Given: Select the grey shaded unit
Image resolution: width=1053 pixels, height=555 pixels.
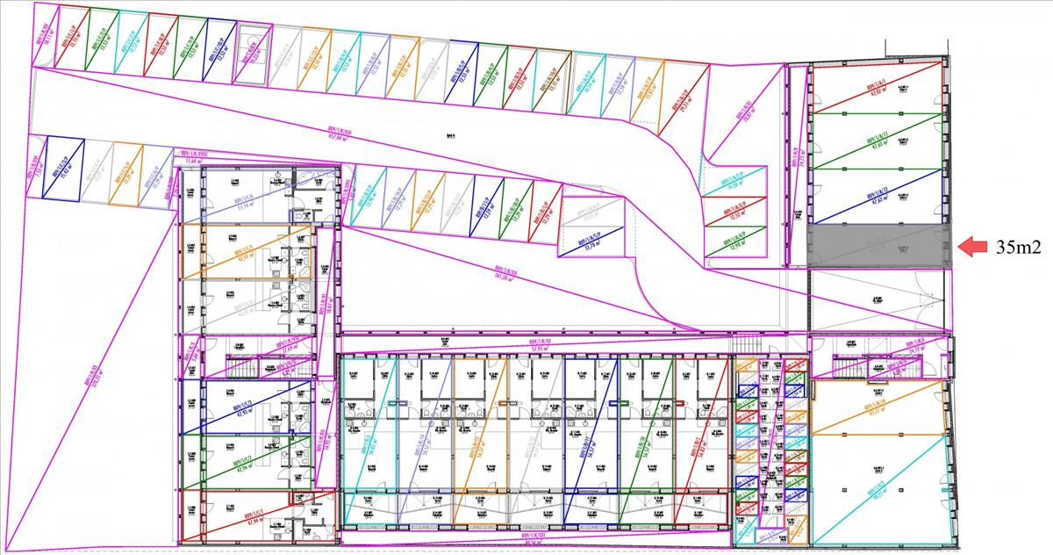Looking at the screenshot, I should pos(877,245).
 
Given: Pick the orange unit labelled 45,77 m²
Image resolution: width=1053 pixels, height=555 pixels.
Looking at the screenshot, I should pos(877,407).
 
